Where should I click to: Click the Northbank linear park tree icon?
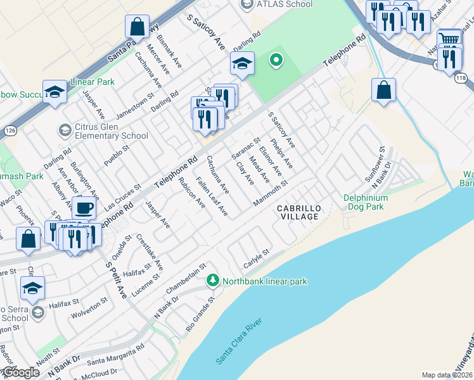213,280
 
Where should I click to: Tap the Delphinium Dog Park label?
373,202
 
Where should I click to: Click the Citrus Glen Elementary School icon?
64,130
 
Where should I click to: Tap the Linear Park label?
92,82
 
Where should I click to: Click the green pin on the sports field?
275,61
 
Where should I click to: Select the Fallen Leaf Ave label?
211,197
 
